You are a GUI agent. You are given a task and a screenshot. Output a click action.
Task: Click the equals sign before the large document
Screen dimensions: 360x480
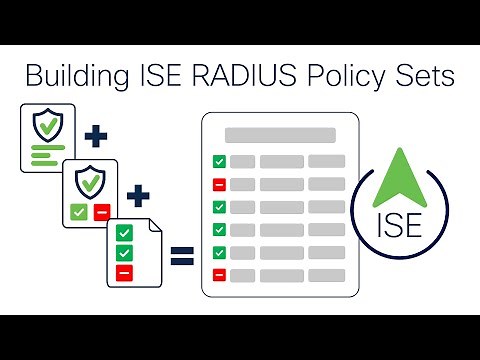[x=181, y=258]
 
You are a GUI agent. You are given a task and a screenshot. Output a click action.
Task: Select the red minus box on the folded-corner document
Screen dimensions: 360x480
[x=124, y=272]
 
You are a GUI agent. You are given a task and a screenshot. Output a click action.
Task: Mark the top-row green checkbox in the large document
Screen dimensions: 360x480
[x=219, y=161]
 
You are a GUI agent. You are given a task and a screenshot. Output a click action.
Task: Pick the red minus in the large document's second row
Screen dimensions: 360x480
[x=219, y=184]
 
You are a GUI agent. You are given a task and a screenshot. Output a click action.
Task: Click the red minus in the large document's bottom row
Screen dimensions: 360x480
[x=219, y=274]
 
